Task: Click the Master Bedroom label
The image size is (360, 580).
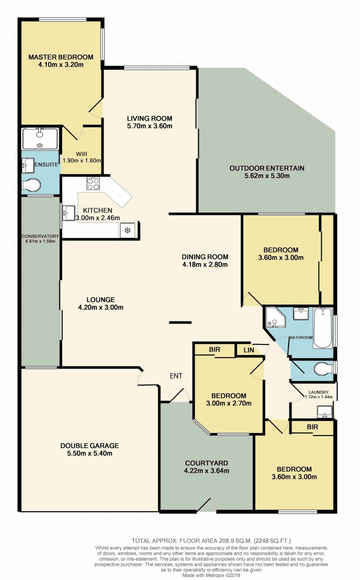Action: click(61, 57)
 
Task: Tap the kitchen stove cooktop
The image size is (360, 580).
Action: click(93, 184)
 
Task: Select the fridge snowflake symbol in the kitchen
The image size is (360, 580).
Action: click(127, 230)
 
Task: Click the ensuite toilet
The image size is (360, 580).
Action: click(31, 185)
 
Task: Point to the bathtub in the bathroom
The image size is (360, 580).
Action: click(322, 328)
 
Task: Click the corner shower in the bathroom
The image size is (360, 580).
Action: click(275, 317)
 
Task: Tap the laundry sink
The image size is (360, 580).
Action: click(325, 412)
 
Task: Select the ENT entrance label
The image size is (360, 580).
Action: click(176, 376)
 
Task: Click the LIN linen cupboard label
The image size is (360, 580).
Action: click(249, 350)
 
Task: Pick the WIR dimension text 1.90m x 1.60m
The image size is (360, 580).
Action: click(81, 161)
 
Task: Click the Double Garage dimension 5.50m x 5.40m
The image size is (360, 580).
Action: click(90, 453)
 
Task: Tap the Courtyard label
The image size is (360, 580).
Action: click(207, 463)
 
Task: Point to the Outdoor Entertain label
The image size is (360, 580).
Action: click(267, 168)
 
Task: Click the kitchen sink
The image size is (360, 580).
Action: click(68, 213)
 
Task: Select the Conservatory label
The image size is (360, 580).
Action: click(40, 236)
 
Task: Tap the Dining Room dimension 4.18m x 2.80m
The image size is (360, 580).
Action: click(205, 264)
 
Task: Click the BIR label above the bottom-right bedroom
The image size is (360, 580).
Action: click(312, 427)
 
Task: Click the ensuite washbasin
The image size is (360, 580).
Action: click(28, 165)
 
